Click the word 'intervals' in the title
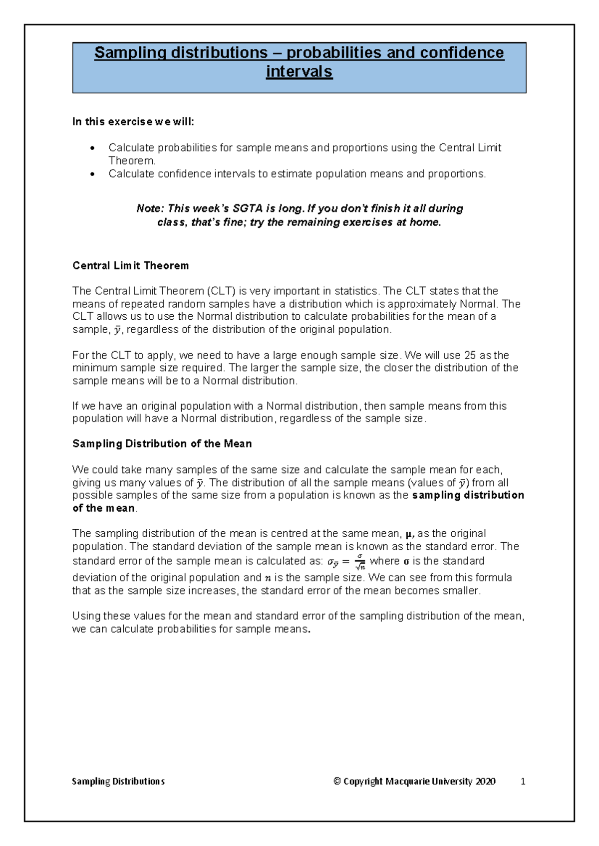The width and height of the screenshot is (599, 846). (x=299, y=72)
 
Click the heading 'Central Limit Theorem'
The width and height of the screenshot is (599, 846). (x=130, y=265)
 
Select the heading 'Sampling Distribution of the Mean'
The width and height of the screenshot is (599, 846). (x=162, y=443)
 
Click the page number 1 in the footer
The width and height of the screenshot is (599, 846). (x=523, y=781)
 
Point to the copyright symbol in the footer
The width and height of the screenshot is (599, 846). (x=337, y=781)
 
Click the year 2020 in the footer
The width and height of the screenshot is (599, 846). (x=485, y=781)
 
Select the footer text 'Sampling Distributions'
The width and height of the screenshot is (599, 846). (x=118, y=781)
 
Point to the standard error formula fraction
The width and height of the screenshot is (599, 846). (x=360, y=561)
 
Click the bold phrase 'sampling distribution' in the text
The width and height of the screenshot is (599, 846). (x=468, y=495)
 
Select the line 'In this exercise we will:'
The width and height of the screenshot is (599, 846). (x=133, y=122)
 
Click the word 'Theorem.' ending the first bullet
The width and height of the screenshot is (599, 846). (x=132, y=161)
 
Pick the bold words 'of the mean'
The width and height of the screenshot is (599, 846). (x=103, y=508)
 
